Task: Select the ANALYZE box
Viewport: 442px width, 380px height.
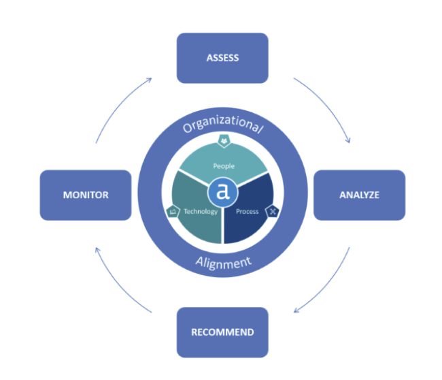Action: (358, 195)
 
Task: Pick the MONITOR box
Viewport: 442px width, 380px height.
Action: (86, 195)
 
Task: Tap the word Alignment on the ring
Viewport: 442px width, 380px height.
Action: (223, 263)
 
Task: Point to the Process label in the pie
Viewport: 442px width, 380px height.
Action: (247, 211)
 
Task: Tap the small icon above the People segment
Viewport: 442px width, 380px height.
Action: (223, 141)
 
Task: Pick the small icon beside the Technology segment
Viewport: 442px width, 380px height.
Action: (172, 212)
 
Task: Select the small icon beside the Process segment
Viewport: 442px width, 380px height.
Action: (271, 212)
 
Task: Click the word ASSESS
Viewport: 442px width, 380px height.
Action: (222, 58)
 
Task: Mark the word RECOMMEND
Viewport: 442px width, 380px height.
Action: (222, 332)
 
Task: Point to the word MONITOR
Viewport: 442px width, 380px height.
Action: (86, 195)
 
